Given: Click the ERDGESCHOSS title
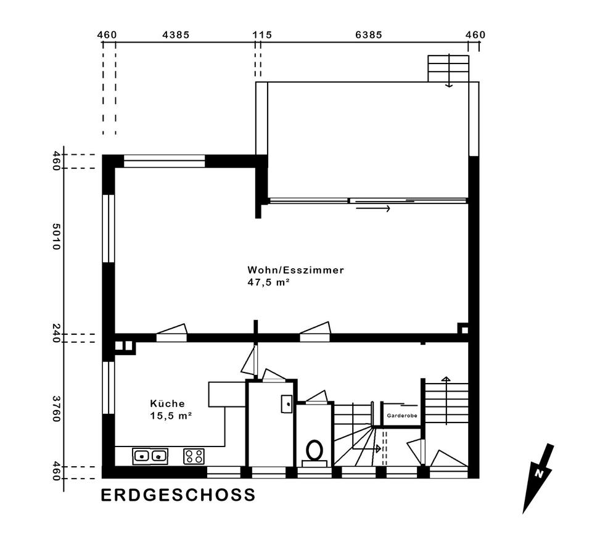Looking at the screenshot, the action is point(178,495).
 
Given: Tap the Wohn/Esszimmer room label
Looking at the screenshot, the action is point(295,270).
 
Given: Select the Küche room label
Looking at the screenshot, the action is point(167,403).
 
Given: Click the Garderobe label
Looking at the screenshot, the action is point(402,416).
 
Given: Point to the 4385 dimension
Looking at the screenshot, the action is point(176,35).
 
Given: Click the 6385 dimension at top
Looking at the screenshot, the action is point(369,35).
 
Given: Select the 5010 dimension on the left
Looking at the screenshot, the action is point(56,236).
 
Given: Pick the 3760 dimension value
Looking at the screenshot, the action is point(56,408).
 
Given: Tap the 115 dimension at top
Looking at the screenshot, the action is point(263,35).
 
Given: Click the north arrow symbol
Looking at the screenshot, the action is point(538,479).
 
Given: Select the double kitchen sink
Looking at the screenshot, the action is point(150,456).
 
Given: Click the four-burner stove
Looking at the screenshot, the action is point(194,456).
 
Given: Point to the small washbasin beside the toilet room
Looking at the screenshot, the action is point(287,404).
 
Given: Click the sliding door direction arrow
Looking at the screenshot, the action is point(373,208).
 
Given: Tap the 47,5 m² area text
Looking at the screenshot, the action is point(268,282).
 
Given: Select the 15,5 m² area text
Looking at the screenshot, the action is point(171,416).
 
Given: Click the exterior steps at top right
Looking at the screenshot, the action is point(448,68).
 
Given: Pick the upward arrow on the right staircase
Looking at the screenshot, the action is point(446,400).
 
